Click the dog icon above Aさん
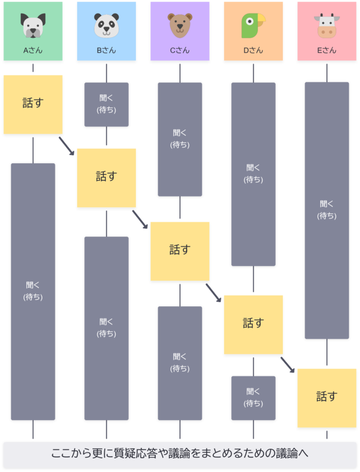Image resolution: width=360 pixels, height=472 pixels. [33, 26]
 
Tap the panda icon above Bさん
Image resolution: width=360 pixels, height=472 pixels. [106, 26]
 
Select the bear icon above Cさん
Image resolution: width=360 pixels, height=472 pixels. [180, 26]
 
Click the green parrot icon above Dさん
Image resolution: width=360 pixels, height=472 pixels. [253, 26]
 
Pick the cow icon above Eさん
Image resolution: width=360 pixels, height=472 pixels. [327, 26]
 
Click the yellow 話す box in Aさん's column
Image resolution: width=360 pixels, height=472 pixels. [33, 104]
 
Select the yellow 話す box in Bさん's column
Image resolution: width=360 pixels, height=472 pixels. [106, 177]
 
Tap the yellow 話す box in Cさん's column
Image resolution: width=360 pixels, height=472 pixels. [180, 251]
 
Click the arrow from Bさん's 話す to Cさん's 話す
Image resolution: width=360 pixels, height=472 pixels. [140, 219]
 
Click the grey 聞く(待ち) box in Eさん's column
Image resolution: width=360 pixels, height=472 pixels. [327, 210]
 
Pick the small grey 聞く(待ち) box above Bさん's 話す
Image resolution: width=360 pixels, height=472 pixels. [106, 104]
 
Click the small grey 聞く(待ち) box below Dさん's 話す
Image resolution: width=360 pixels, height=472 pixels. [253, 398]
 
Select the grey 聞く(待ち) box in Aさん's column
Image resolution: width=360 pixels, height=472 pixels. [33, 291]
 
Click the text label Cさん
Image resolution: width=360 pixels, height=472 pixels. [180, 51]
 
